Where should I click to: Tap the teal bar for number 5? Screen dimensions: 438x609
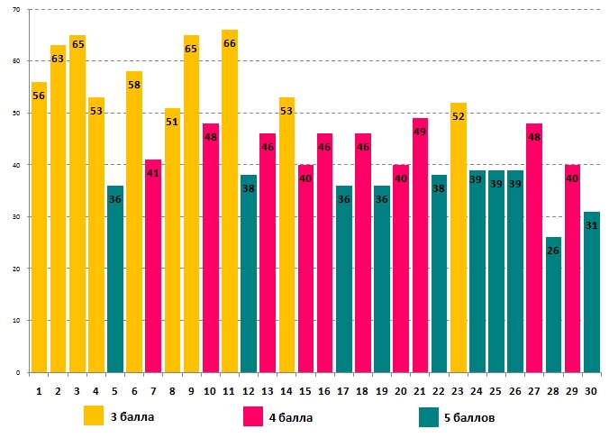115,279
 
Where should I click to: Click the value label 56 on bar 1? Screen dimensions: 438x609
39,97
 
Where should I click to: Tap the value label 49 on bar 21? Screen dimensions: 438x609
421,132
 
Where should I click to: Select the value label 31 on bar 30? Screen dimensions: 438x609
591,225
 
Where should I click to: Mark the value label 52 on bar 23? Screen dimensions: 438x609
459,116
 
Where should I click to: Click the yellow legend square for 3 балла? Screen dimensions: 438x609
94,415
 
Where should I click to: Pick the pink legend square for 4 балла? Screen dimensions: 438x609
254,415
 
